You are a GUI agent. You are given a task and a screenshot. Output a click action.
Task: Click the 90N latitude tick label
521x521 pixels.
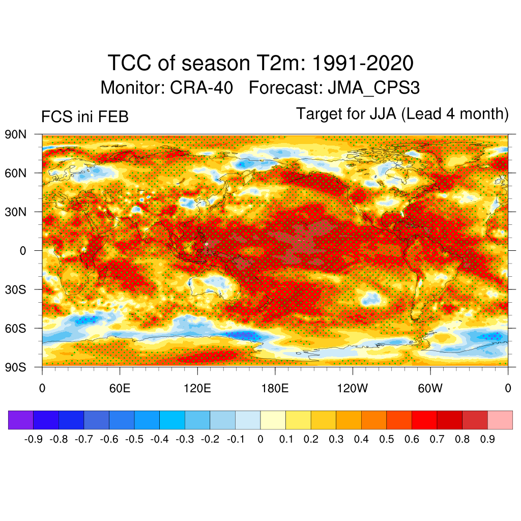coord(16,135)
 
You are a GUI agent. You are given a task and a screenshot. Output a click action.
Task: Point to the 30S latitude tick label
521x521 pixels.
coord(16,290)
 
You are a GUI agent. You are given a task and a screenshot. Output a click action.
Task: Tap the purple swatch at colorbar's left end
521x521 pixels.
coord(21,420)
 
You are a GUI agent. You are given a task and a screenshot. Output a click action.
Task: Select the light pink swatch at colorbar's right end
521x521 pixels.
coord(500,420)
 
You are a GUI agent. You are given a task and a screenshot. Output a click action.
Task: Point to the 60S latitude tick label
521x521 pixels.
coord(16,328)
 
